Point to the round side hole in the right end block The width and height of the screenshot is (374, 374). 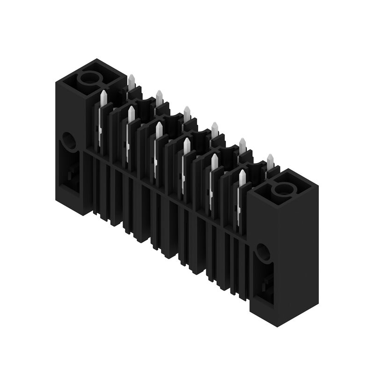point(263,253)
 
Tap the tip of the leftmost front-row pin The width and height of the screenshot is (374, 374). point(103,93)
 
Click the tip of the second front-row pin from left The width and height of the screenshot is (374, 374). point(131,109)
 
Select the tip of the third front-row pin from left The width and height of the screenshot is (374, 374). point(159,125)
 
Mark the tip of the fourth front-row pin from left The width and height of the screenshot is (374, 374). point(187,141)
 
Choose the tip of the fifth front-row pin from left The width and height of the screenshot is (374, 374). point(214,157)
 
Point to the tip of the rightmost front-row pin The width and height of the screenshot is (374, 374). point(242,173)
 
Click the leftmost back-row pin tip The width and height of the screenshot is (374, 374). point(131,77)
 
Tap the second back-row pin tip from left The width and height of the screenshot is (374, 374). point(159,93)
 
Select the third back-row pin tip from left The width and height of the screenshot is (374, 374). point(187,109)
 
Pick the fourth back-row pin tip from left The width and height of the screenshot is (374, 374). point(215,125)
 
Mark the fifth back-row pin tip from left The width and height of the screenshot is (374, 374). point(242,141)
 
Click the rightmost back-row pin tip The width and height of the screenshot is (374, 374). point(270,157)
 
